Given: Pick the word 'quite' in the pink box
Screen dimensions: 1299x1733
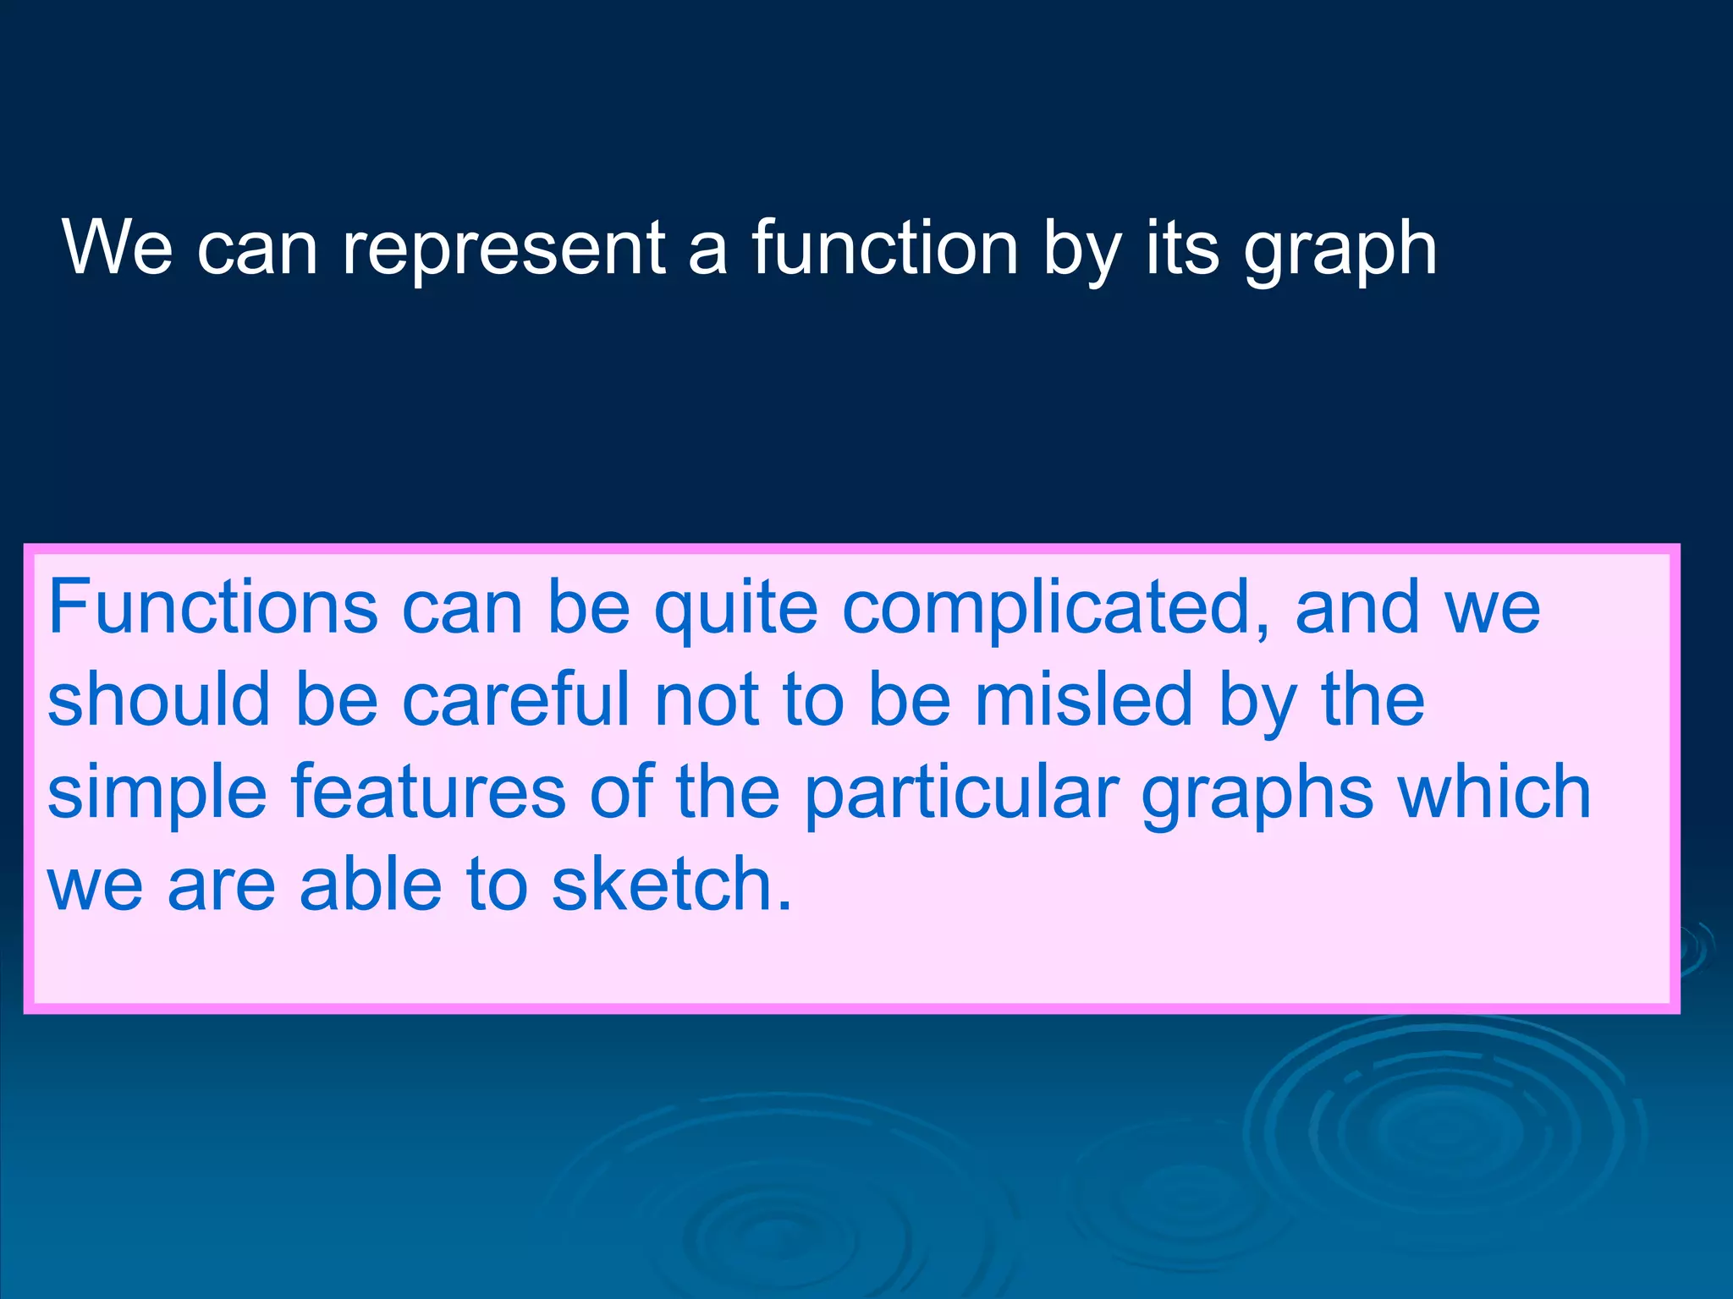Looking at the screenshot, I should (735, 610).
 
